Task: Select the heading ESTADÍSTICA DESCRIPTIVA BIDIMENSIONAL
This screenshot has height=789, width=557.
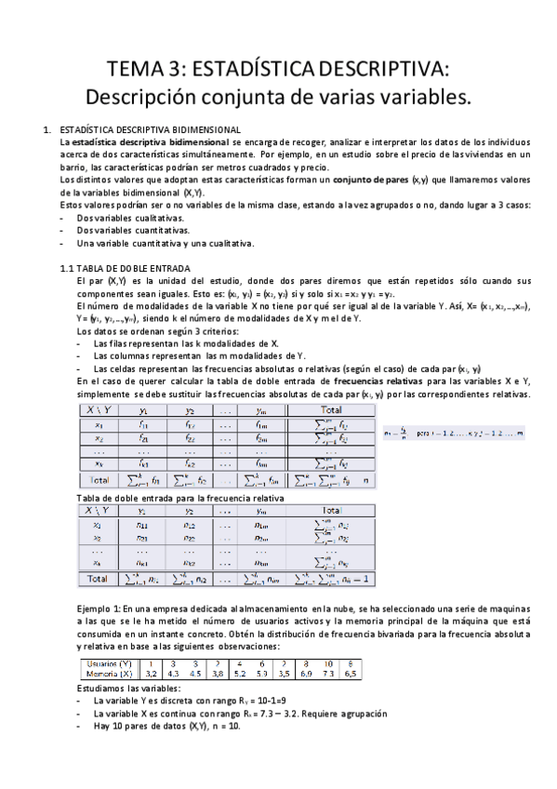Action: (150, 129)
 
